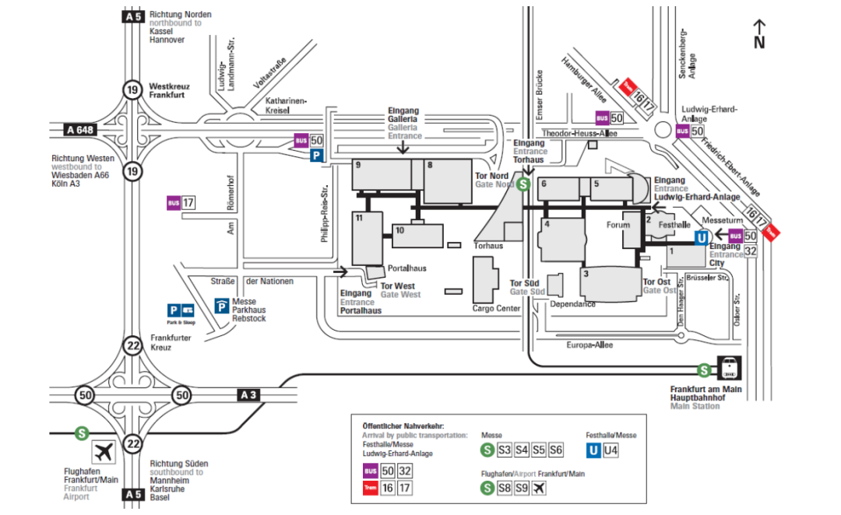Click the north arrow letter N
(x=759, y=43)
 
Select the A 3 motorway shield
(x=248, y=395)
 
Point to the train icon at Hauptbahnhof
(x=730, y=367)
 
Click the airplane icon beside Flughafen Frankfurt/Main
(x=104, y=451)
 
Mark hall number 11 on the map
(x=359, y=219)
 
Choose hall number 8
(x=429, y=165)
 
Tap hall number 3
(x=585, y=273)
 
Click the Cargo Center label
(x=496, y=308)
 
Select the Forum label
(x=618, y=225)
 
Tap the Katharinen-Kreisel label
(x=287, y=106)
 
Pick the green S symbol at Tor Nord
(x=525, y=184)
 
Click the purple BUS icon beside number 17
(x=173, y=204)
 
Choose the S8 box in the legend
(x=504, y=488)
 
